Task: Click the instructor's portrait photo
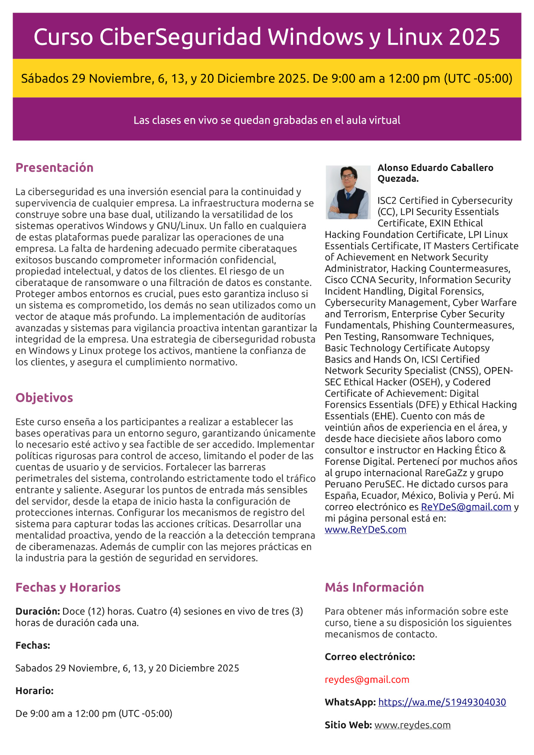point(348,192)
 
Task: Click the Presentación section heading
point(54,168)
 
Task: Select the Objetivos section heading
point(44,398)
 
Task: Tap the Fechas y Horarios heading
point(68,587)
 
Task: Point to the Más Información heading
point(374,587)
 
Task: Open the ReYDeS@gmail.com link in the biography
point(466,507)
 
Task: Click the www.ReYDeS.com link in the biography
point(365,530)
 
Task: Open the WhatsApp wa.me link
point(442,702)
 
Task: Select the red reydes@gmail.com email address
point(367,680)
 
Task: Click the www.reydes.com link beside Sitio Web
point(412,725)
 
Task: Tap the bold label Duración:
point(38,611)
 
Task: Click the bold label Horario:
point(35,691)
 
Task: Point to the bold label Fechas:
point(33,646)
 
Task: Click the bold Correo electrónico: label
point(370,657)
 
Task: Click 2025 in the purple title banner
point(474,37)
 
